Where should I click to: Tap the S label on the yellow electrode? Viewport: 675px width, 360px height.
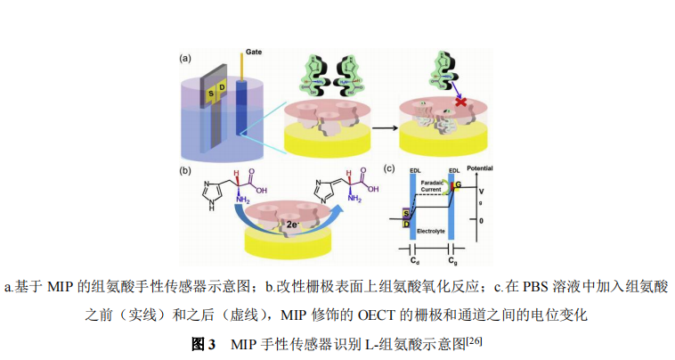point(211,93)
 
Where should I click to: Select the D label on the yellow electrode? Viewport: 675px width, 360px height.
point(223,88)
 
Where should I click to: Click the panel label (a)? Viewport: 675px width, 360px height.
point(186,58)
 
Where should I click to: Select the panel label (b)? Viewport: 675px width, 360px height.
point(186,168)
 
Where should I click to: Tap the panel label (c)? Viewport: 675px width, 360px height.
point(389,167)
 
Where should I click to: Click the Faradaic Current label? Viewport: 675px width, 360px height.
point(432,184)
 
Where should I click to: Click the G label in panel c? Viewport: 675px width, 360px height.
point(459,184)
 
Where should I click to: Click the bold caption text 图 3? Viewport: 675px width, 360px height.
point(204,344)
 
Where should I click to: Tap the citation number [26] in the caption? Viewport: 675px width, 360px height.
point(473,340)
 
